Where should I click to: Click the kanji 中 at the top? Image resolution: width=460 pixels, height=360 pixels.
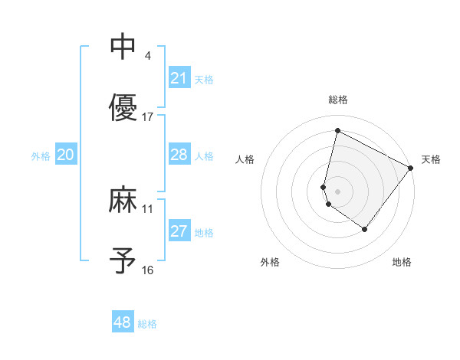[x=123, y=47]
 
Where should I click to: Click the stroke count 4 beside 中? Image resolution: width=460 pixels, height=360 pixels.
[x=147, y=55]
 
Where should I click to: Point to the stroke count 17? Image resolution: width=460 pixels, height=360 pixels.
[x=148, y=117]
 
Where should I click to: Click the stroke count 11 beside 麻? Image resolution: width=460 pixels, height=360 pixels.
[x=148, y=208]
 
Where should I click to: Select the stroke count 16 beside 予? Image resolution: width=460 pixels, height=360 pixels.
[x=148, y=270]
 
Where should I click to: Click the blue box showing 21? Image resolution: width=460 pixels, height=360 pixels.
[x=179, y=78]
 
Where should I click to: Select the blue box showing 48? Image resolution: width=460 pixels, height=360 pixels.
[x=123, y=322]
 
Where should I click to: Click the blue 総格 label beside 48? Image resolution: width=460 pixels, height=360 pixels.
[x=147, y=324]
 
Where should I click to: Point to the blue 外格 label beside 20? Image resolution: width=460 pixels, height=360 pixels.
[x=41, y=156]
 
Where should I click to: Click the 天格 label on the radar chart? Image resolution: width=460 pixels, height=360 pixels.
[x=431, y=159]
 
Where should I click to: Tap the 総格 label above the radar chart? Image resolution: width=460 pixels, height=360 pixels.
[x=338, y=100]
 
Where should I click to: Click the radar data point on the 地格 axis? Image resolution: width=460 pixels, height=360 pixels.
[x=365, y=229]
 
